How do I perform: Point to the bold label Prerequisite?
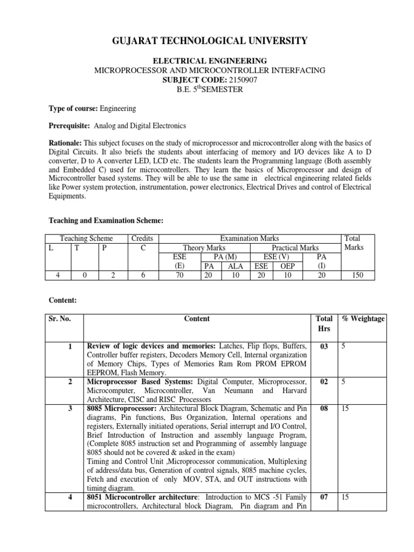coord(70,126)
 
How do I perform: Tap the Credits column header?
coord(142,238)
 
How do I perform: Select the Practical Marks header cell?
coord(295,247)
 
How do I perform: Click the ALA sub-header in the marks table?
coord(236,266)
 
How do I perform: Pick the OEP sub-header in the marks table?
coord(287,266)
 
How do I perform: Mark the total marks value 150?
coord(357,275)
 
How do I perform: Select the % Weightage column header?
coord(363,319)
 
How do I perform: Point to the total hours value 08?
coord(324,409)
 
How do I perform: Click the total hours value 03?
coord(324,347)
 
